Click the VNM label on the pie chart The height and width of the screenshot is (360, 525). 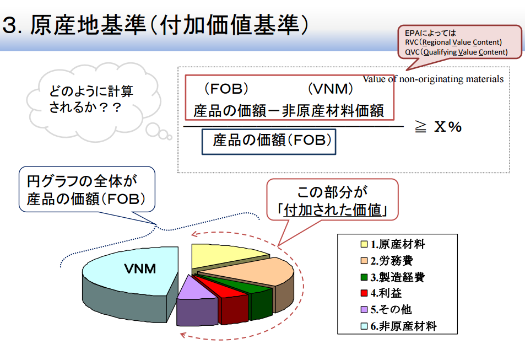(x=140, y=269)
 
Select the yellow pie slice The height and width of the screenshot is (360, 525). (x=224, y=256)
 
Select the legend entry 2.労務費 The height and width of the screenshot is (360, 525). (x=387, y=260)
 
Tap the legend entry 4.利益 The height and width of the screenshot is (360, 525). (x=381, y=293)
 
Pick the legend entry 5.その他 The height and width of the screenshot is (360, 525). (x=386, y=309)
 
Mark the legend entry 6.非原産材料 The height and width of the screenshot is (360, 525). (x=399, y=326)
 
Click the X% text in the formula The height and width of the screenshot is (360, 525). (x=448, y=127)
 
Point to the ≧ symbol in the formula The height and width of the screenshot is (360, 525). (x=420, y=127)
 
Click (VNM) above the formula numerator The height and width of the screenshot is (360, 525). (x=331, y=89)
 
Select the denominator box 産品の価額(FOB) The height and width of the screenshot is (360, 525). (x=269, y=142)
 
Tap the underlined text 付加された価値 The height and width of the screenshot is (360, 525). (x=333, y=210)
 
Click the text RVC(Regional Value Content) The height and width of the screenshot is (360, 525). (x=453, y=42)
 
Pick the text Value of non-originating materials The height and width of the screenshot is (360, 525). (x=433, y=79)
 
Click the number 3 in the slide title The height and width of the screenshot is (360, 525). (x=10, y=25)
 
